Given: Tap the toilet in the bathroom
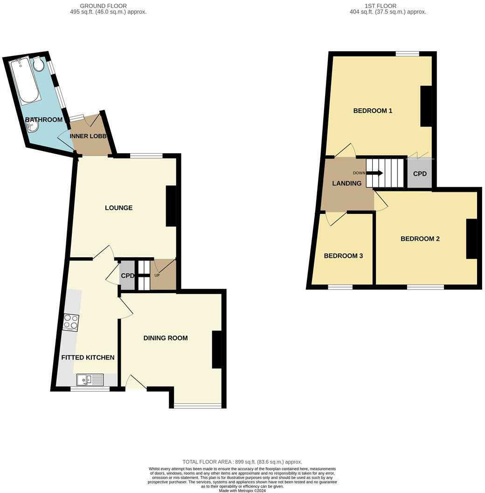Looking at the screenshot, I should [x=38, y=64].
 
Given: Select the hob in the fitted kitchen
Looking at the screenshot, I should [x=71, y=323].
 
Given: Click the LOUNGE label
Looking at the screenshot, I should [x=118, y=208].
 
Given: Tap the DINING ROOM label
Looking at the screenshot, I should [x=166, y=338].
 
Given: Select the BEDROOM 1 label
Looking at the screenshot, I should [x=373, y=111].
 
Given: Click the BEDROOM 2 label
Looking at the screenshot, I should [x=420, y=239].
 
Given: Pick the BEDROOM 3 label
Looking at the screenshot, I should [x=343, y=256].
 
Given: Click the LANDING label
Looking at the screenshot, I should [x=346, y=183].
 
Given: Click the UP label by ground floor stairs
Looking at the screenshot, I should [x=157, y=275].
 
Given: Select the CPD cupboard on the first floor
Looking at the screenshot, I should [x=420, y=174].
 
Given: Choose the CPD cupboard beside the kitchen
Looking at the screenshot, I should [x=127, y=276].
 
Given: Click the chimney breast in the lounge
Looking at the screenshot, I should [x=171, y=206].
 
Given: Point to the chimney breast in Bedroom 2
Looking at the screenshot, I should [x=471, y=239].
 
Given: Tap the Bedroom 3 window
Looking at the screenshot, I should [x=340, y=287].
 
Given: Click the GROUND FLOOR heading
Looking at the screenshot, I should [x=104, y=6].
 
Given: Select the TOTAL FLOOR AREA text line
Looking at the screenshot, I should [x=242, y=462].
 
